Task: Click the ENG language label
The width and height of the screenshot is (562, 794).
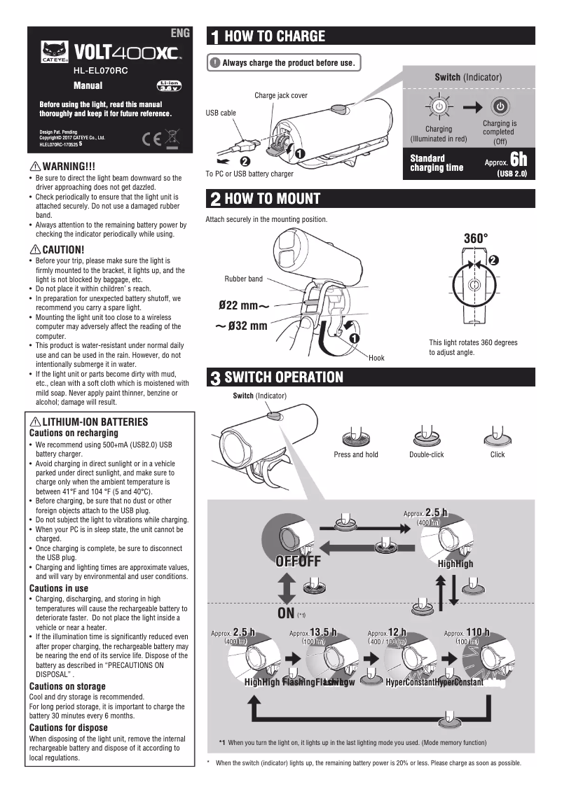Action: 181,33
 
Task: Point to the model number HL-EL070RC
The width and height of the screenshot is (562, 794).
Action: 100,71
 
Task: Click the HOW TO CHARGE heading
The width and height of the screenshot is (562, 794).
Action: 274,36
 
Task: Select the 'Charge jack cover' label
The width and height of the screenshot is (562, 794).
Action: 280,95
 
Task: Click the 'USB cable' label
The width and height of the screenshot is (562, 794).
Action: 221,112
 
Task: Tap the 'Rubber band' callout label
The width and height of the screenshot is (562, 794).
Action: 243,279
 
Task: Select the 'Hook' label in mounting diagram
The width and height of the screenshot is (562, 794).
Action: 376,358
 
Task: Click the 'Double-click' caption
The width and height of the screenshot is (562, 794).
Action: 426,454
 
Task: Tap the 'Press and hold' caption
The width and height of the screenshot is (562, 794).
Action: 355,454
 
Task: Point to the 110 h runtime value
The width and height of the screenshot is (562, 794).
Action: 477,632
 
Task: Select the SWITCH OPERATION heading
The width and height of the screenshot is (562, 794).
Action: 283,377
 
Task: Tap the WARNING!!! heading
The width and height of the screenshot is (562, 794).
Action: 69,166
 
